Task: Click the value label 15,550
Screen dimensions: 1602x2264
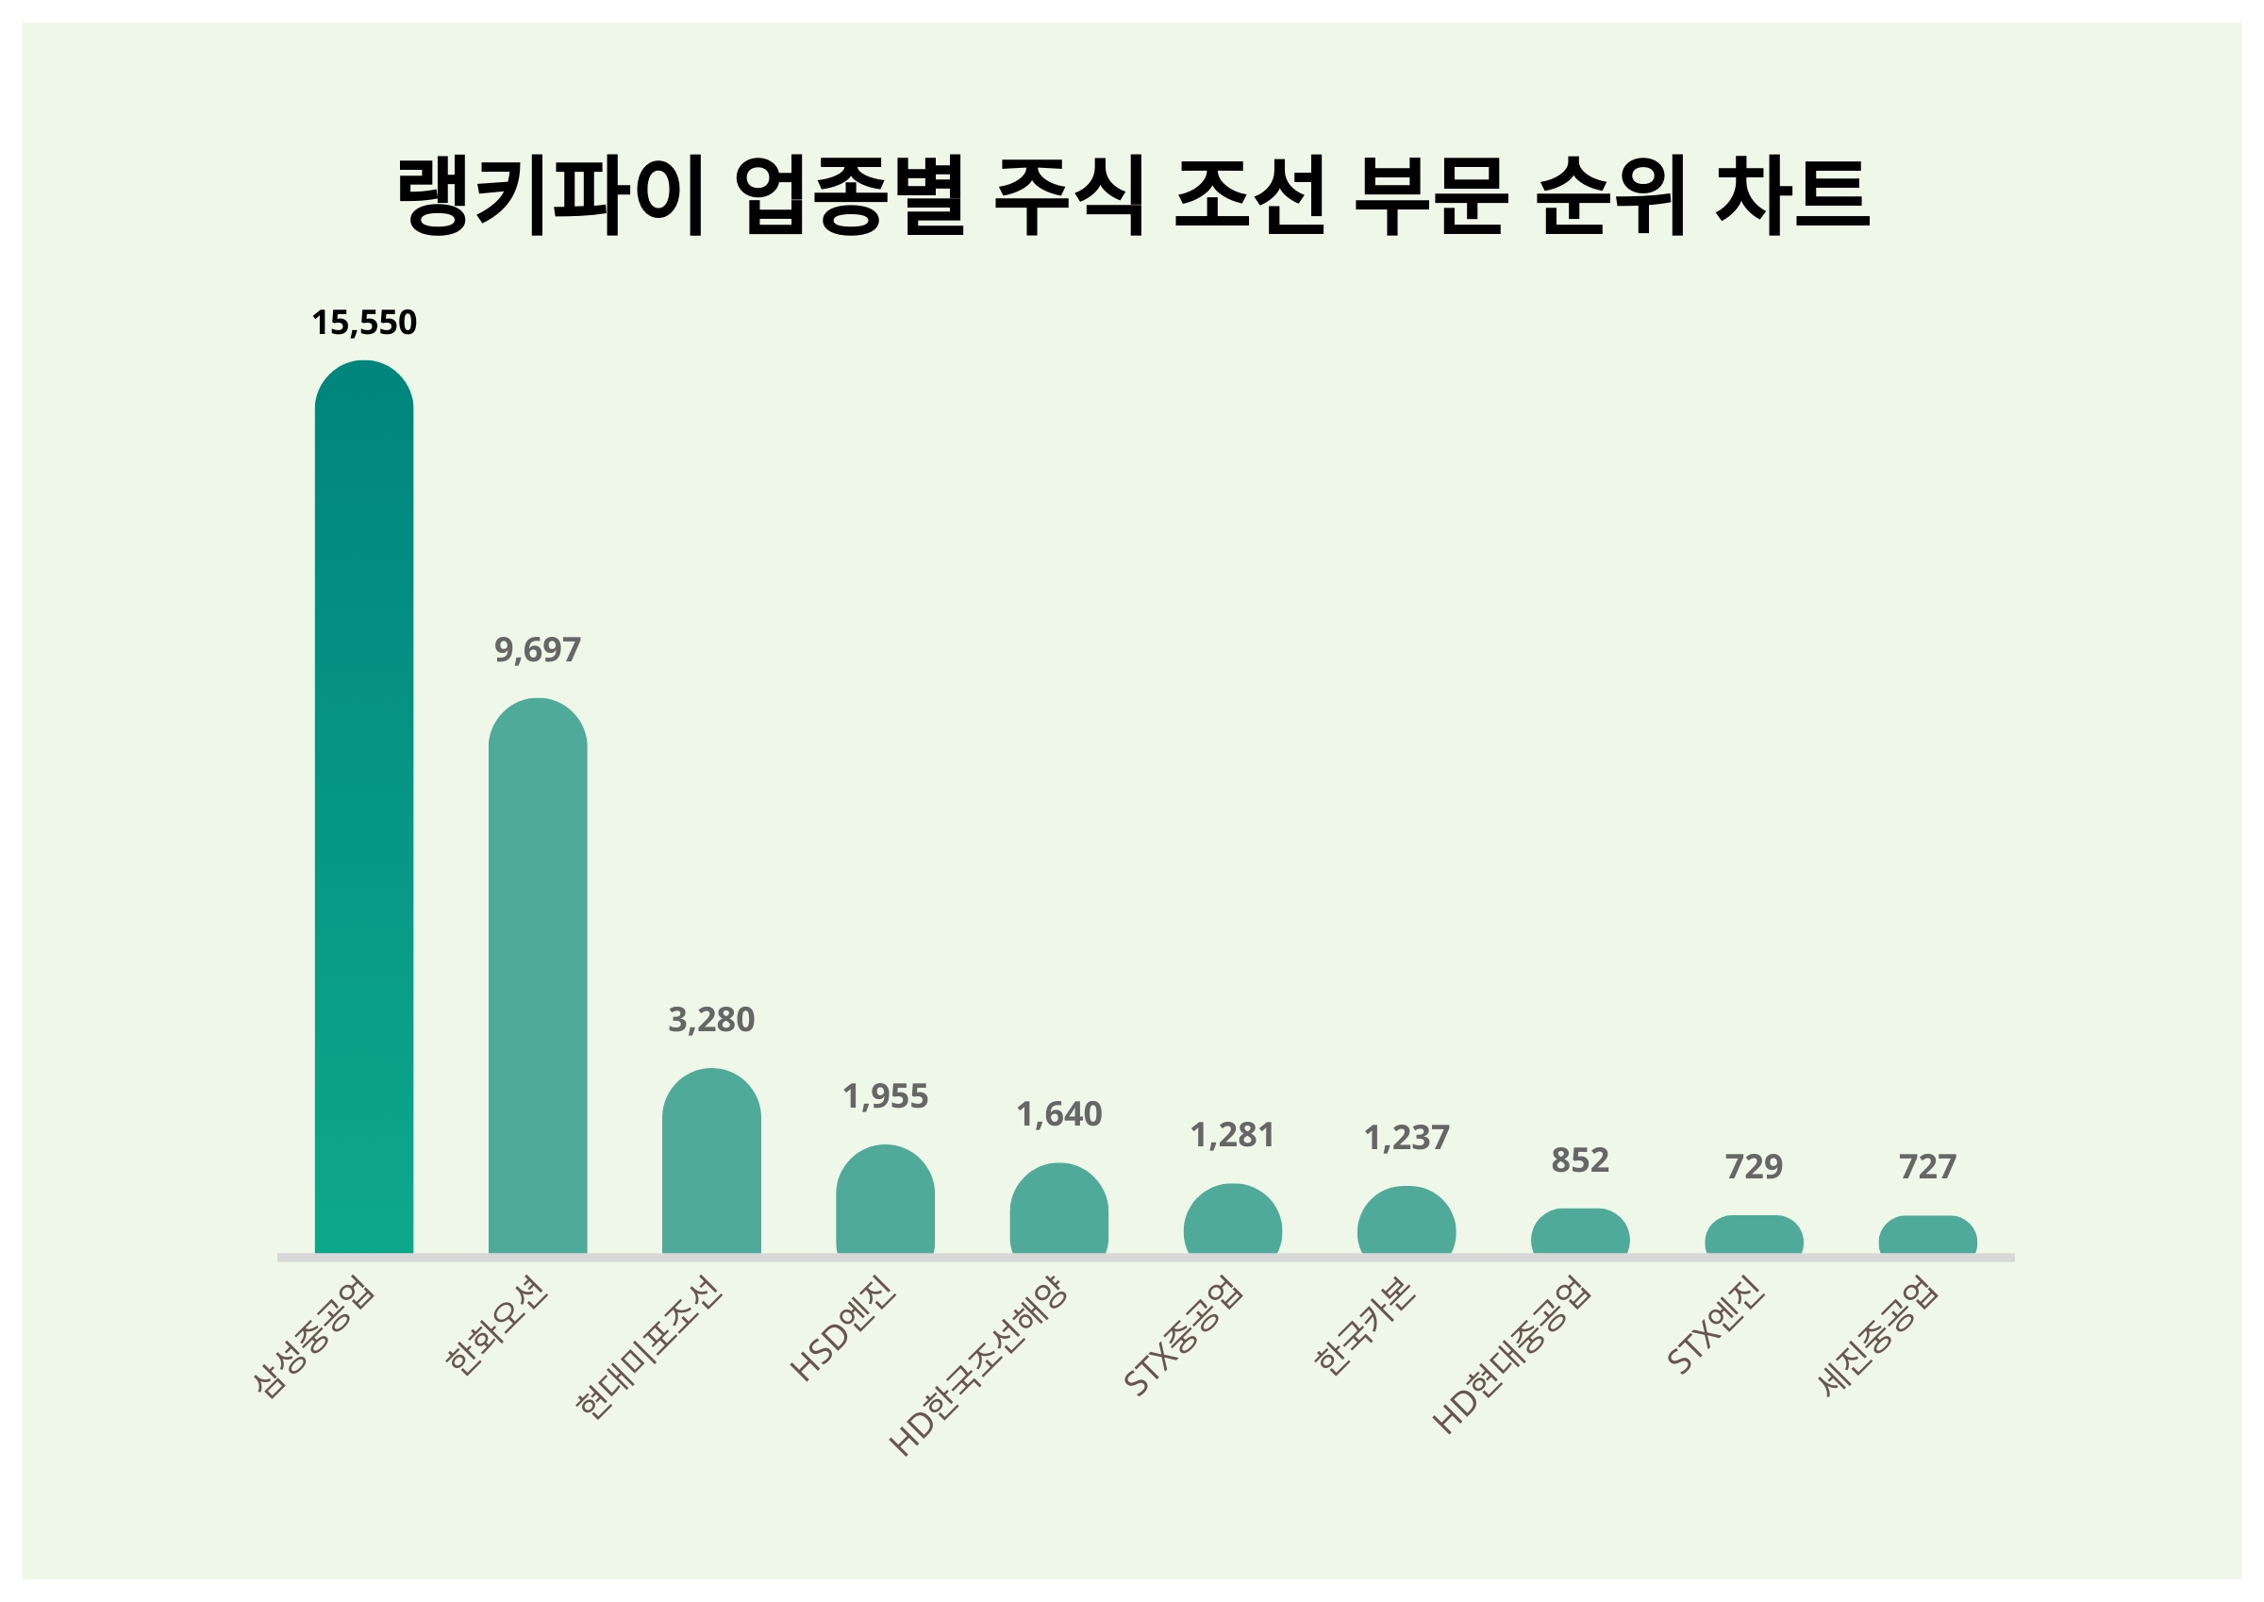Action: click(364, 323)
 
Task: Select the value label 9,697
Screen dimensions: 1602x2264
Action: click(538, 649)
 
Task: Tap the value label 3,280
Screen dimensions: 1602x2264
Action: click(711, 1019)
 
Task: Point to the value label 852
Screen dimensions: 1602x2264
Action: click(1580, 1160)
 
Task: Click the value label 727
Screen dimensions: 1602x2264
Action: click(1928, 1167)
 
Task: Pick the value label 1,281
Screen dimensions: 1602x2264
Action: click(1233, 1135)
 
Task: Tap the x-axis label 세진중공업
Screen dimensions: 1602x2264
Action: click(1879, 1336)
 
